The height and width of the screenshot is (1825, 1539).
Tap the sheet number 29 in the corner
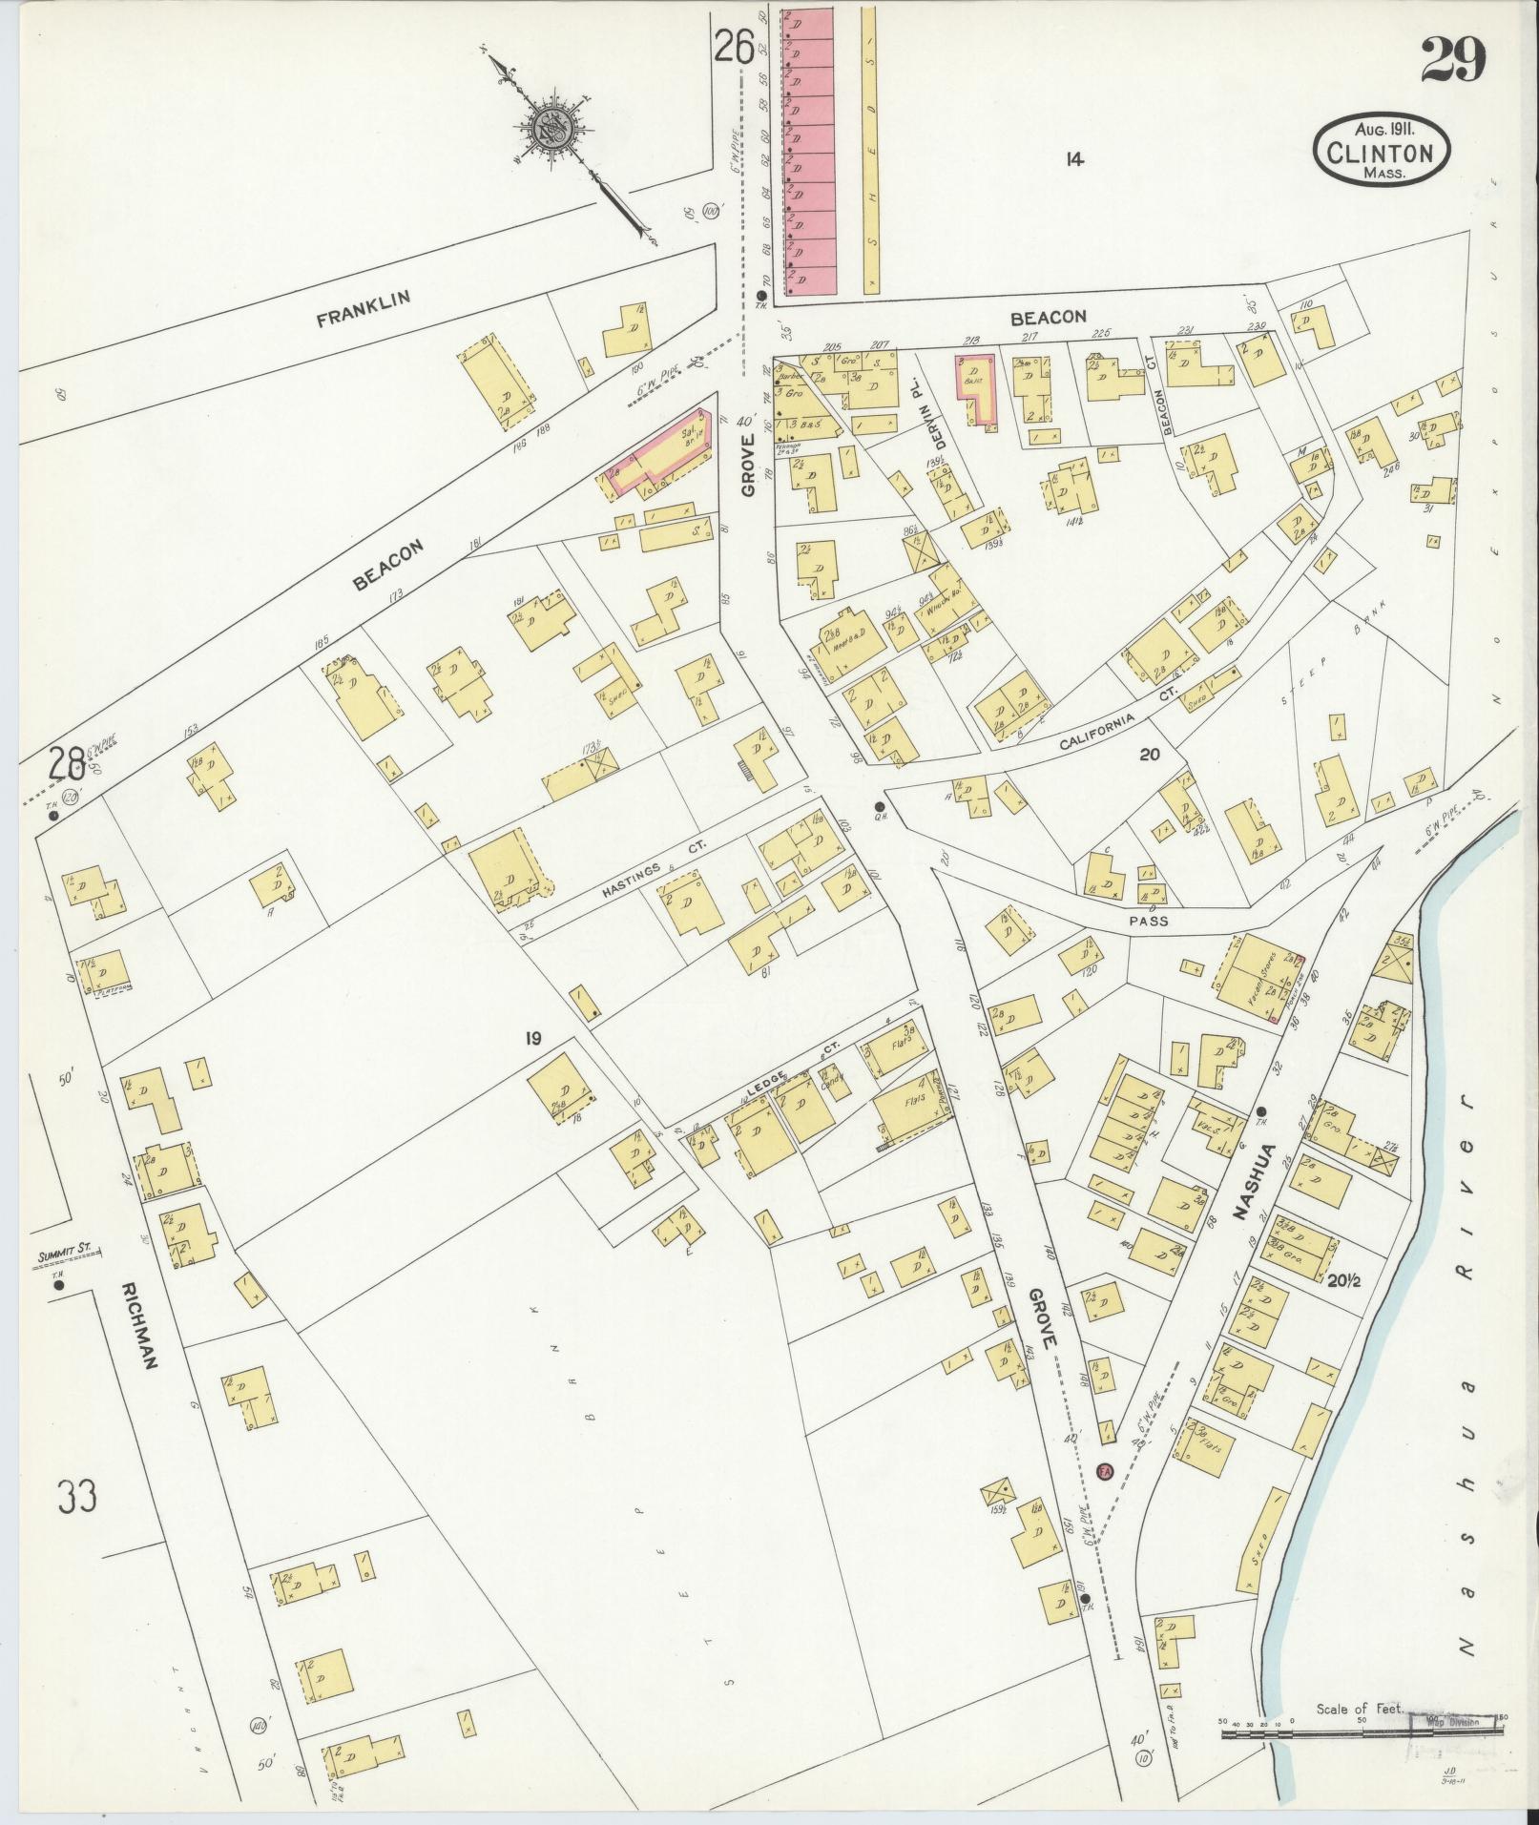pyautogui.click(x=1453, y=61)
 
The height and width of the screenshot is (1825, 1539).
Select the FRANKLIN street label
pyautogui.click(x=364, y=309)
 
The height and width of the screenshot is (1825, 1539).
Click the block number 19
pyautogui.click(x=532, y=1037)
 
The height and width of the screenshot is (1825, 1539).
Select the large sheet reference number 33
pyautogui.click(x=76, y=1495)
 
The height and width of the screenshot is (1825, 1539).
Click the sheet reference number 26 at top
pyautogui.click(x=736, y=45)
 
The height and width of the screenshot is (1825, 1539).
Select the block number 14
pyautogui.click(x=1074, y=159)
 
